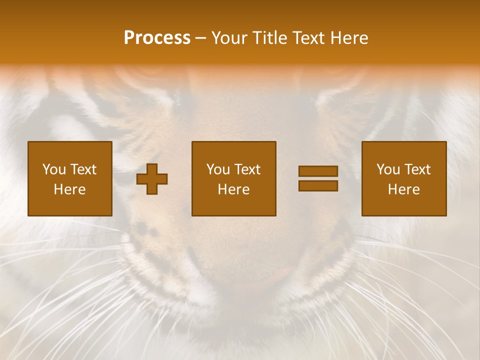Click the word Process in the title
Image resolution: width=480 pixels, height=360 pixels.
(157, 38)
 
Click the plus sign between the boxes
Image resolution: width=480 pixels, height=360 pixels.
(152, 179)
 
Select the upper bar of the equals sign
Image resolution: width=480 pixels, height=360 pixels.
(318, 171)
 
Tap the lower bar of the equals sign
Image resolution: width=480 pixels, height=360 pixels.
(318, 186)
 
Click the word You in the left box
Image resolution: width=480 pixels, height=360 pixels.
(54, 169)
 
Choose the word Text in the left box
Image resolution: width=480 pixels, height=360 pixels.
(83, 169)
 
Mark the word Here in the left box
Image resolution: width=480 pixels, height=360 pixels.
(69, 189)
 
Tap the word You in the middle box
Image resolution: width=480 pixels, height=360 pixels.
(218, 169)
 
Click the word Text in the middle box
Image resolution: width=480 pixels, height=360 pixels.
(247, 169)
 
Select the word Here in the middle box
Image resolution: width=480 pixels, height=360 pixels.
(233, 189)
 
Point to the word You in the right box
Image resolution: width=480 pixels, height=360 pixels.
(388, 169)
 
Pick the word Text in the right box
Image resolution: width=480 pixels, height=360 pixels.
(417, 169)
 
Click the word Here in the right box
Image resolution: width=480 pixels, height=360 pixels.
(403, 189)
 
